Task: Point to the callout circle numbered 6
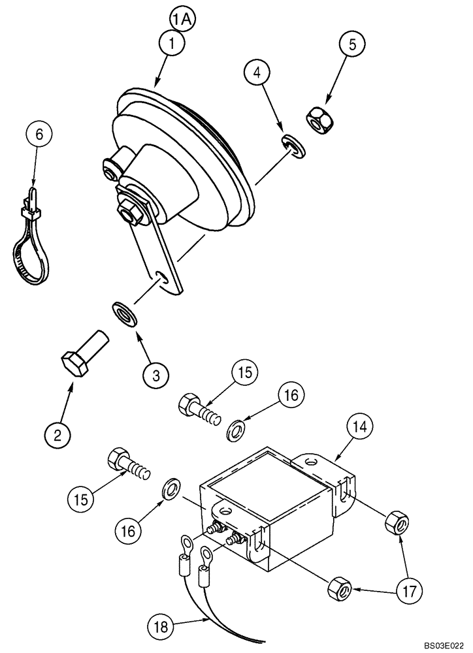pos(39,136)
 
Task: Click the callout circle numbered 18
pos(161,626)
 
